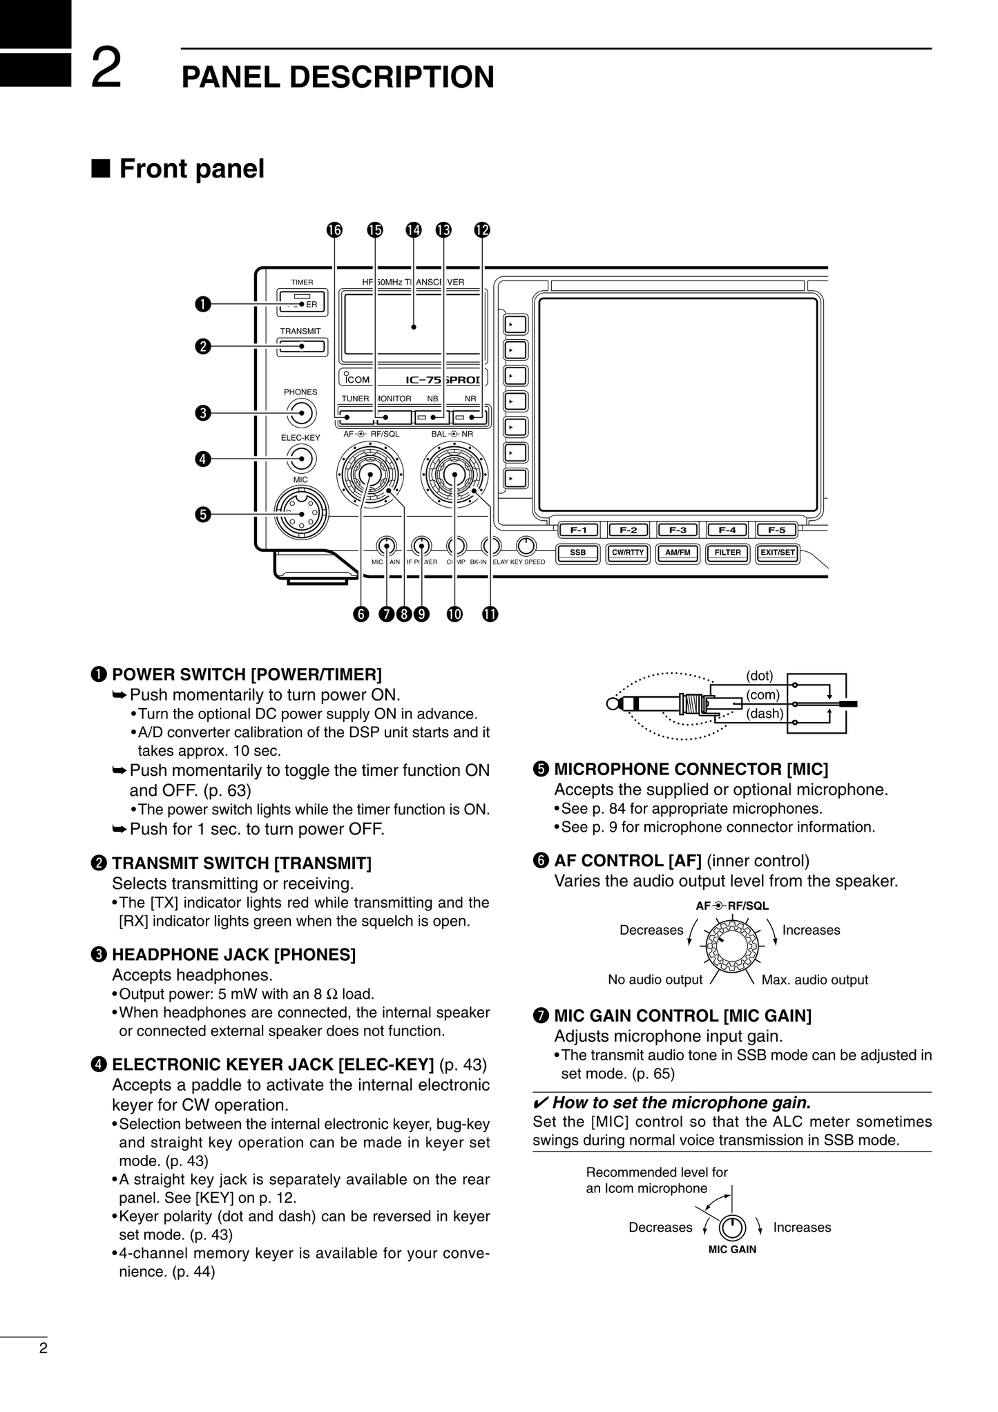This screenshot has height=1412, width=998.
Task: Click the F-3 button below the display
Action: pyautogui.click(x=678, y=531)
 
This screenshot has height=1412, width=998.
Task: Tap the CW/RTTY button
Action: pyautogui.click(x=627, y=553)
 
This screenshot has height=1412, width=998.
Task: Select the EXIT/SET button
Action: pyautogui.click(x=777, y=553)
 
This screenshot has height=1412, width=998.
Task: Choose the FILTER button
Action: pyautogui.click(x=727, y=553)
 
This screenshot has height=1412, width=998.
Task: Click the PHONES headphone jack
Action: pyautogui.click(x=301, y=414)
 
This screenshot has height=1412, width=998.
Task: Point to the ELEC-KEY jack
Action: pyautogui.click(x=301, y=457)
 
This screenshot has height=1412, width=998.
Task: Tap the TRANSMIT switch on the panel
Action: pyautogui.click(x=301, y=347)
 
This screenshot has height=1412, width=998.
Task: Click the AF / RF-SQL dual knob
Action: pyautogui.click(x=370, y=475)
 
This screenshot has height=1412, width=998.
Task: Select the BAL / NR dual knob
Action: pyautogui.click(x=454, y=474)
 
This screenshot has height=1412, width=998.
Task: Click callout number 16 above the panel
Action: pyautogui.click(x=334, y=230)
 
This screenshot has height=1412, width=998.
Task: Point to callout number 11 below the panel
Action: pyautogui.click(x=490, y=614)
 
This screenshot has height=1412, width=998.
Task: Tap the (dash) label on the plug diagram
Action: pyautogui.click(x=765, y=713)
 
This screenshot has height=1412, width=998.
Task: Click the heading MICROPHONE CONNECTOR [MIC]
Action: pyautogui.click(x=691, y=769)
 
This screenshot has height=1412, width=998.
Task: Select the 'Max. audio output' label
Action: pyautogui.click(x=814, y=980)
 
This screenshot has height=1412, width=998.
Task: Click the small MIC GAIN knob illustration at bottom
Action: pyautogui.click(x=732, y=1228)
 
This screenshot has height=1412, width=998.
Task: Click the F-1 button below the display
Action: pyautogui.click(x=578, y=531)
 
